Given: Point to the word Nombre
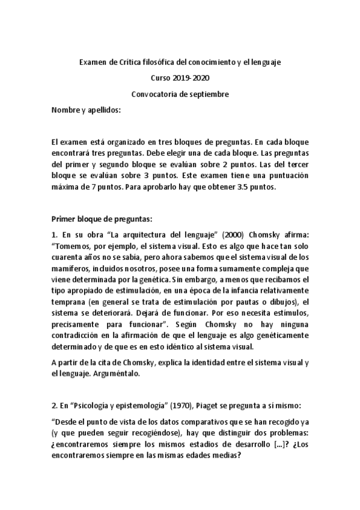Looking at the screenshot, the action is (66, 110).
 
